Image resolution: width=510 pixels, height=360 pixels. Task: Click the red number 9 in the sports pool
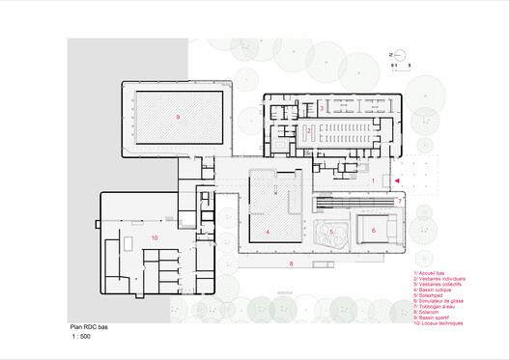178,117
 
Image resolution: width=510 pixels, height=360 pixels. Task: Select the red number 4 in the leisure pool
267,233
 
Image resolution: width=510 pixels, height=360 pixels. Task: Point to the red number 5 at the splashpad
331,232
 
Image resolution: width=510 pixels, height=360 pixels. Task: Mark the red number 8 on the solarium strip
290,263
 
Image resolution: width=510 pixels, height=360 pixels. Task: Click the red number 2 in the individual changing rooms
309,130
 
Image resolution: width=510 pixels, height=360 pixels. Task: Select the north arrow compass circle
396,54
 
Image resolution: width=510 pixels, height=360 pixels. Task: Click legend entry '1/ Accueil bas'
426,274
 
